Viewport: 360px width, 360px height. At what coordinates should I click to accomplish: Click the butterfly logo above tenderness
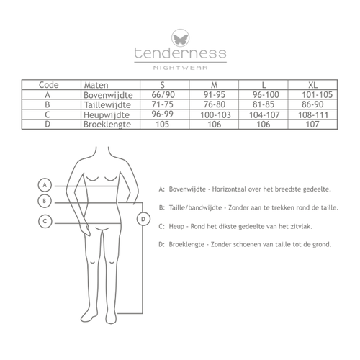coord(180,38)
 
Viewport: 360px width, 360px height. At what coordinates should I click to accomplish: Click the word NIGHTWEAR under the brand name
coord(181,68)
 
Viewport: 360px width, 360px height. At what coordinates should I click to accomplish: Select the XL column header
coord(312,85)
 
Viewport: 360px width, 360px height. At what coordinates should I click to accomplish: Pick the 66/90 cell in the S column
coord(163,95)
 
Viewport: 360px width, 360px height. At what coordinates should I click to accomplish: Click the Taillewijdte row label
coord(107,105)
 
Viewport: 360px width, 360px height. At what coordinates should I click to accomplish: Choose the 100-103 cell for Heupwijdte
coord(215,115)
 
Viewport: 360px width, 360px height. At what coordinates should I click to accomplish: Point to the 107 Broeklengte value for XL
coord(312,125)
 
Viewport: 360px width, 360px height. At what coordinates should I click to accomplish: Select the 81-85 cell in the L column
coord(264,104)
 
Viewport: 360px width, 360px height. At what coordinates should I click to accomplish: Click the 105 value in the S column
coord(163,125)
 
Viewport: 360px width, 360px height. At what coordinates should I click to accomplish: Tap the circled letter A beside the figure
coord(45,185)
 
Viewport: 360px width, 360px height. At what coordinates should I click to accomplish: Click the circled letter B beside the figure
coord(45,201)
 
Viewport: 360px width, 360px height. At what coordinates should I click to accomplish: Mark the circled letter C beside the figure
coord(45,221)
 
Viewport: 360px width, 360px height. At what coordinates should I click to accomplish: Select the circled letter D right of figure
coord(143,219)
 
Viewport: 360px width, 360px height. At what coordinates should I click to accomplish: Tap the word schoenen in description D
coord(247,245)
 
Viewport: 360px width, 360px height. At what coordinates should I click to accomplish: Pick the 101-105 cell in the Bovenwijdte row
coord(317,95)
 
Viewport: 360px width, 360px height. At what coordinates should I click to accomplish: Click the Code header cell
coord(48,85)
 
